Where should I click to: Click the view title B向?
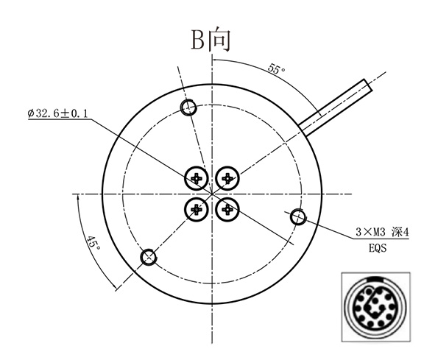click(211, 39)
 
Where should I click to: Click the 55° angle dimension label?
click(276, 70)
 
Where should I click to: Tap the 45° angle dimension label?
click(92, 244)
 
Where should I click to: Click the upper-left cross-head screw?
click(196, 177)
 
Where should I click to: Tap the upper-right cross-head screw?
click(228, 177)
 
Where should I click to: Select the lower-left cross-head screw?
click(196, 210)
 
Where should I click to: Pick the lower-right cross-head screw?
click(228, 210)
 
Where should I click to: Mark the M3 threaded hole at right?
click(298, 216)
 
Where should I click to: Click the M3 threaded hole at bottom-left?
click(149, 257)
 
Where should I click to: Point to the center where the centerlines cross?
click(212, 194)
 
